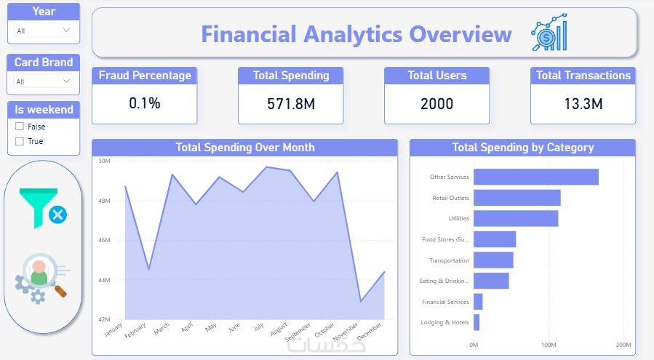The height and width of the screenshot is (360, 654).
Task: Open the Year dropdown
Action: pos(44,31)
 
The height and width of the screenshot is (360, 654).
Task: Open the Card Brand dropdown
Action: pos(44,81)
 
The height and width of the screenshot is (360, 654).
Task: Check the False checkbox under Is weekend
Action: pos(20,127)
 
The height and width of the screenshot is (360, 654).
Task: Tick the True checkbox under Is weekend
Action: pos(20,141)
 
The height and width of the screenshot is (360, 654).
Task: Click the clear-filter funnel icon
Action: pos(43,208)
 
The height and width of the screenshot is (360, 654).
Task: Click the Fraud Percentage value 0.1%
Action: pos(144,103)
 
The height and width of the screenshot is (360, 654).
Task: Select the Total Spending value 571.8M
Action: pos(291,104)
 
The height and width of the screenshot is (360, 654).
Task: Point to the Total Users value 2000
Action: pos(436,104)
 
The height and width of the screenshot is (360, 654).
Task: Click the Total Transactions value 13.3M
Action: pos(583,104)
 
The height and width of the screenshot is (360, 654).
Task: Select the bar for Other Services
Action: pos(535,177)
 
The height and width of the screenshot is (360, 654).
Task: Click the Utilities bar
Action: pos(516,218)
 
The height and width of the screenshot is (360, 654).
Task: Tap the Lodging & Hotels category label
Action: pos(445,322)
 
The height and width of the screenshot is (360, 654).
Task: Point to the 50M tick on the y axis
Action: pos(104,161)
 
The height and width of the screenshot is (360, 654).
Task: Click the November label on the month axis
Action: pos(345,337)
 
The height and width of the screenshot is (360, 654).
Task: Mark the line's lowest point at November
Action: pos(360,301)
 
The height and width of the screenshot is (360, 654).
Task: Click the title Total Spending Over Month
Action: pos(245,148)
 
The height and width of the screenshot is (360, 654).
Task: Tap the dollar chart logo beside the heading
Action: pos(549,34)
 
